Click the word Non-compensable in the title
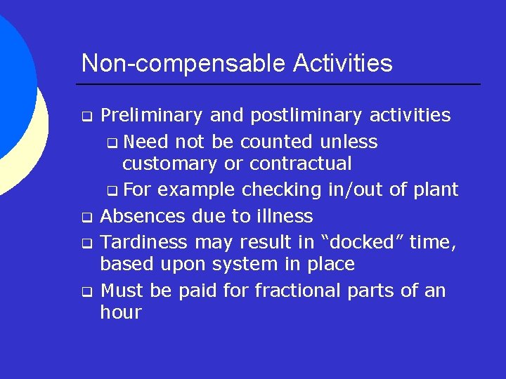coord(176,64)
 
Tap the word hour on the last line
coord(121,313)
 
